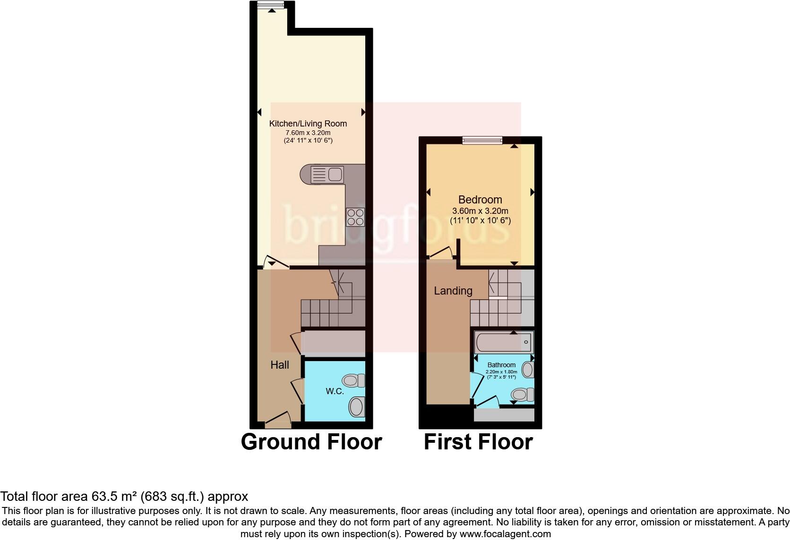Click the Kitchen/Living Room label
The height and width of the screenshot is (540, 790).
(308, 124)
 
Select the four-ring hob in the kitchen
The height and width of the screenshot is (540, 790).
(355, 217)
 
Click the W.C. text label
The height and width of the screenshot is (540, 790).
(335, 391)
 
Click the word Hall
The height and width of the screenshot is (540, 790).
(280, 365)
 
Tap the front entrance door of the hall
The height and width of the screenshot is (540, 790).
(278, 420)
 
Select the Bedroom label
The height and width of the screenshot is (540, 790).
(480, 200)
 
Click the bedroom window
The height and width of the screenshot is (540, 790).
(482, 140)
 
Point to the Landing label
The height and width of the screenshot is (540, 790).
(453, 291)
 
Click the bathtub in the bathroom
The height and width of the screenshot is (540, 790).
(504, 341)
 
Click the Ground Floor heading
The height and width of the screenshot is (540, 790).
(311, 442)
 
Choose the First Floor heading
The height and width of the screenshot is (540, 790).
(478, 442)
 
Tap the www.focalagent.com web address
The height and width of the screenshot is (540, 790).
(505, 534)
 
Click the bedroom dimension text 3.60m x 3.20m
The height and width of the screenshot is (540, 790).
(480, 211)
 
